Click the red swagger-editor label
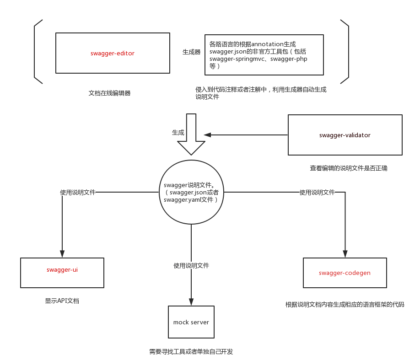click(113, 54)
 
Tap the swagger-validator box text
click(345, 135)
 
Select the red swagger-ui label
click(62, 269)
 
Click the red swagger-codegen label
click(345, 273)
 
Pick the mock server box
click(191, 322)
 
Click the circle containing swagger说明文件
click(191, 192)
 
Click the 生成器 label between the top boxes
click(191, 52)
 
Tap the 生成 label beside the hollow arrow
click(178, 132)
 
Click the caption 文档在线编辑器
click(110, 93)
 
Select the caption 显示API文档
click(62, 301)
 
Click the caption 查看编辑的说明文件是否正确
click(349, 168)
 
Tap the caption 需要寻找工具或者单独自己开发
click(191, 351)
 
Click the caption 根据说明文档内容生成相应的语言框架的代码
click(345, 304)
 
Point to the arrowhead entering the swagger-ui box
click(62, 254)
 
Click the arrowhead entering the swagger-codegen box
click(345, 254)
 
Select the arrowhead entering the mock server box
click(191, 302)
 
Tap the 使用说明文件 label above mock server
click(191, 265)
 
